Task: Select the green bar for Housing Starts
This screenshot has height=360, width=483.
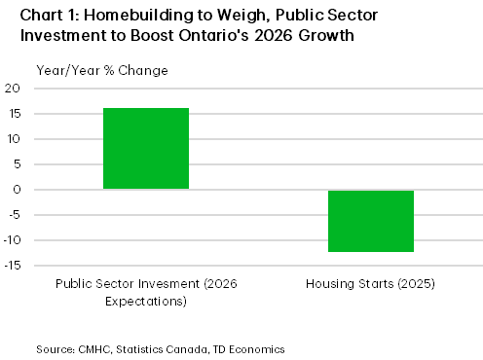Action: [x=371, y=221]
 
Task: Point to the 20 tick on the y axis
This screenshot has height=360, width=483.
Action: [x=15, y=89]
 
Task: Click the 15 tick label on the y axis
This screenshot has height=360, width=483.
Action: [x=15, y=114]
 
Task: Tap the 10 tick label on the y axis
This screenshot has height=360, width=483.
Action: [x=15, y=139]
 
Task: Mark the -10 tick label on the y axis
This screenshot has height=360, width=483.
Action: [x=13, y=240]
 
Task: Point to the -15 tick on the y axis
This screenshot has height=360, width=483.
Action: [x=13, y=266]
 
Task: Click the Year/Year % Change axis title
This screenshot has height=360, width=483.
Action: [x=88, y=70]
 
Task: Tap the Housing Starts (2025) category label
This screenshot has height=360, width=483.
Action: [x=370, y=283]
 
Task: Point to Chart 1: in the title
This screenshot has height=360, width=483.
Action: [x=40, y=17]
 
